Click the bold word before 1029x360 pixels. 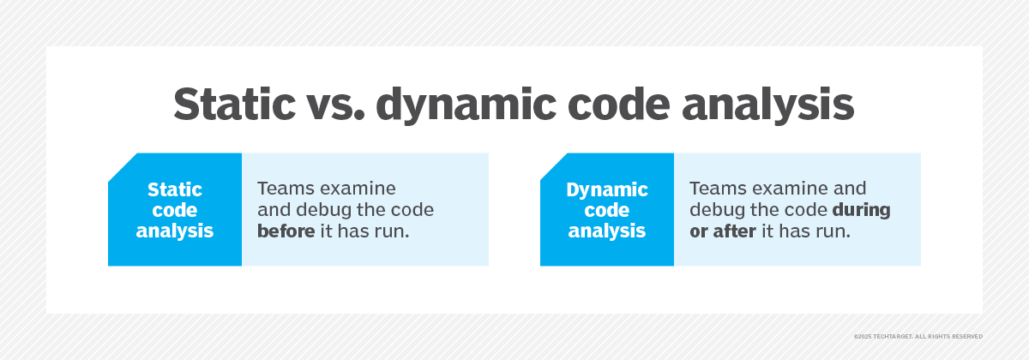point(286,231)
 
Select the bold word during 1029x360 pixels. point(861,210)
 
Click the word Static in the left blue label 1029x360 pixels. point(175,189)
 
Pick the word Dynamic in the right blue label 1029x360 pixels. point(607,189)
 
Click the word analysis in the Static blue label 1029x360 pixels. point(175,231)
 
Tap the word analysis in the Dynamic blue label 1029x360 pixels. point(607,231)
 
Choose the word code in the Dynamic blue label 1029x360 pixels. point(607,210)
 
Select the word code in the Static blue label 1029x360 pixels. point(175,210)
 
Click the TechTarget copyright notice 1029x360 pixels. point(918,336)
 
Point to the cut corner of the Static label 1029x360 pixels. point(122,167)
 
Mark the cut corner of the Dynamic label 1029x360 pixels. point(554,167)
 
